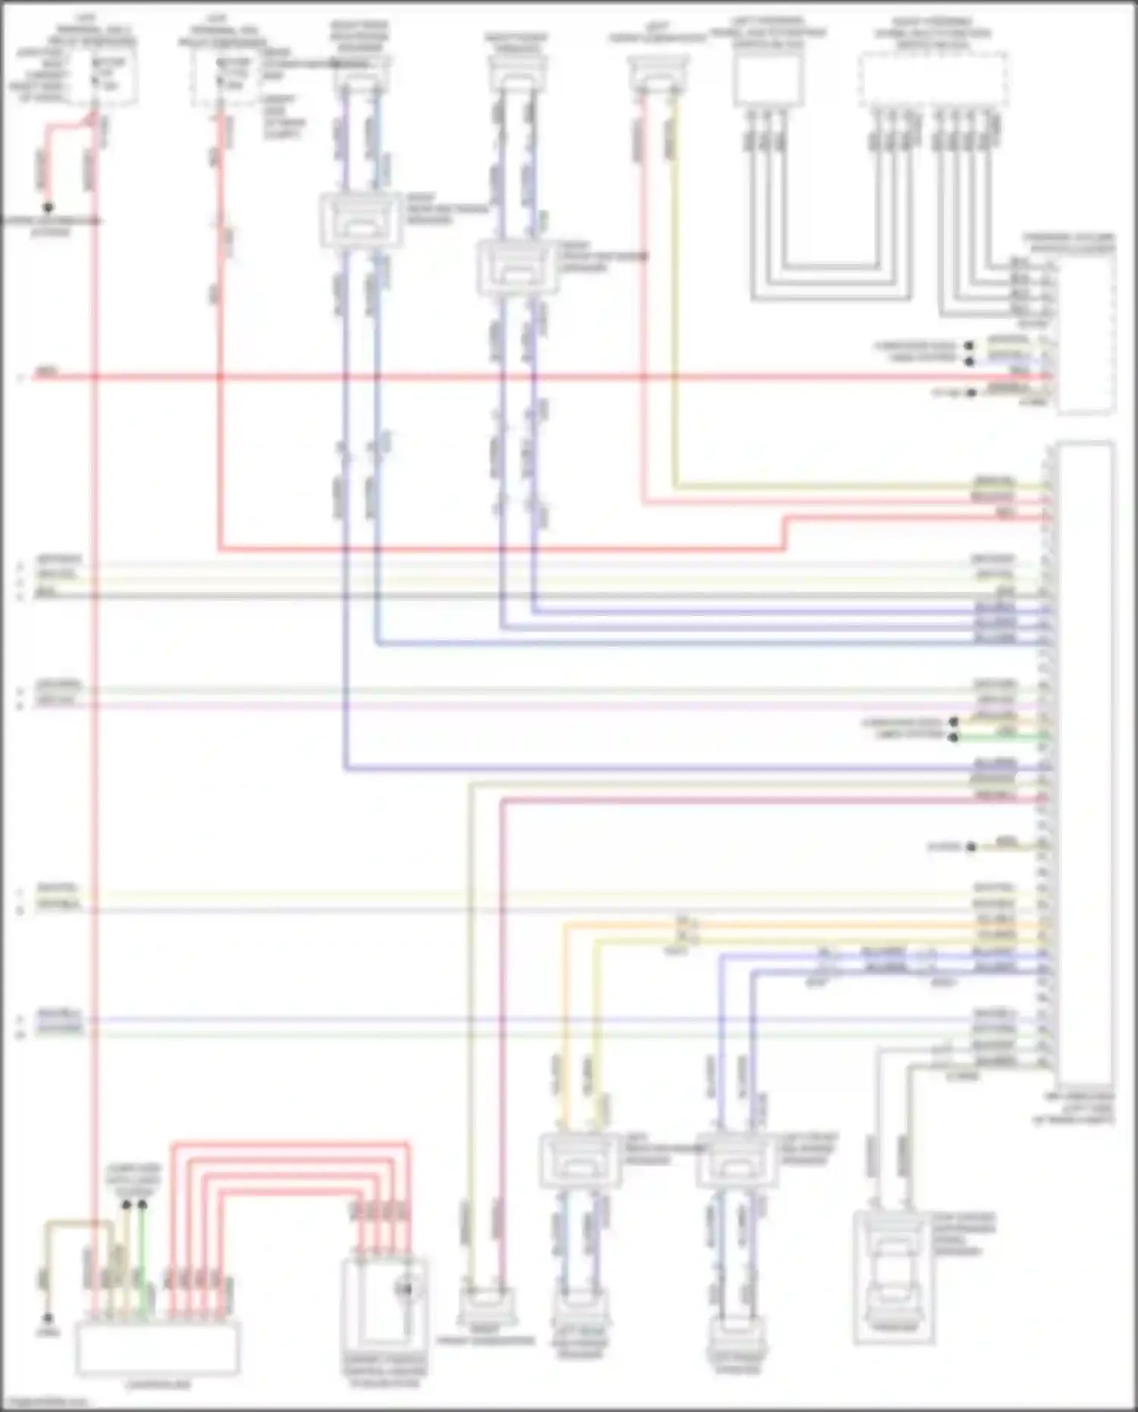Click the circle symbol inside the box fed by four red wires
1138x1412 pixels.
(x=405, y=1288)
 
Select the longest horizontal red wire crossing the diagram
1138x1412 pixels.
(x=531, y=376)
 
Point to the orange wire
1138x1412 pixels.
(x=564, y=1024)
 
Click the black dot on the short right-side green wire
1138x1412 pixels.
(x=954, y=736)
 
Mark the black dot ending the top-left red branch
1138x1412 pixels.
(x=48, y=207)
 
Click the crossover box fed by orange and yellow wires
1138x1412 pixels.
(x=580, y=1160)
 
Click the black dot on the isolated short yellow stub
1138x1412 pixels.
(x=972, y=847)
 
